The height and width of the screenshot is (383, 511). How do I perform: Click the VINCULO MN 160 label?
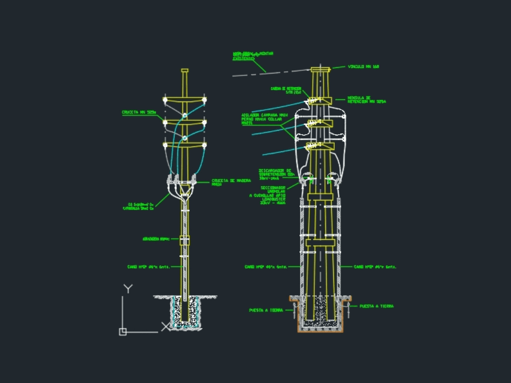(x=363, y=67)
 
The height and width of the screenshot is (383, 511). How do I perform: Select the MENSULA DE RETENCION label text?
(x=366, y=99)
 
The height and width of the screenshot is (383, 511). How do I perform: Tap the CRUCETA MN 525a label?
(x=138, y=112)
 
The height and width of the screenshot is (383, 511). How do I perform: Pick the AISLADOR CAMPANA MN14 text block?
(x=265, y=119)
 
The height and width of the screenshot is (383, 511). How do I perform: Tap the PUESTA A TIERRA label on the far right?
(x=376, y=307)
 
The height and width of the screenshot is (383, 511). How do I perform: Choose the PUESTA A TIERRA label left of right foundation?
(x=266, y=310)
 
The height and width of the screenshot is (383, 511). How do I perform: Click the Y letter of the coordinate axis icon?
(x=128, y=289)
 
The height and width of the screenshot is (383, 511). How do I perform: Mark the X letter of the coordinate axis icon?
(x=165, y=326)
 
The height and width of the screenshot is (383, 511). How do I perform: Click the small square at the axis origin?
(x=123, y=332)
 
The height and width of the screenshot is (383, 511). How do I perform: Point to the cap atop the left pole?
(x=185, y=70)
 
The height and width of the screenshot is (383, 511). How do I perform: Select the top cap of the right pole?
(x=320, y=69)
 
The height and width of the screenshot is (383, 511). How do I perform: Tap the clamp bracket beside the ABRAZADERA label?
(x=184, y=240)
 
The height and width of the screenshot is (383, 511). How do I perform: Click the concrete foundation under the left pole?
(x=185, y=314)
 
